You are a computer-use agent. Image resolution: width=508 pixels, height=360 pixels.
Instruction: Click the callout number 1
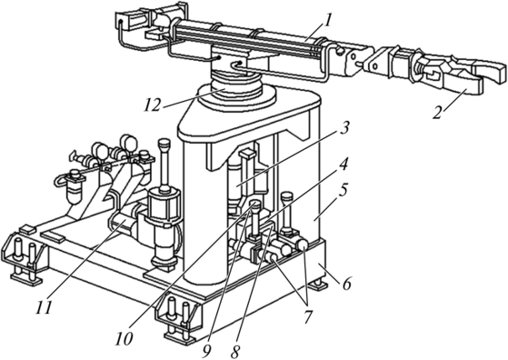[328, 21]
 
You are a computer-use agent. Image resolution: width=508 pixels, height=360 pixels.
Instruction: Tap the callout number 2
[438, 113]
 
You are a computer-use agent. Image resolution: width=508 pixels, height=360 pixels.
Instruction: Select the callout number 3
[344, 128]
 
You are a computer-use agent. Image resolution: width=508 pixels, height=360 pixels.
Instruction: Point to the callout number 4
[344, 164]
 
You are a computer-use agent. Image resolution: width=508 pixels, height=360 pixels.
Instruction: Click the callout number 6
[346, 285]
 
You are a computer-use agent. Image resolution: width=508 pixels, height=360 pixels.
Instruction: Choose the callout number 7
[307, 316]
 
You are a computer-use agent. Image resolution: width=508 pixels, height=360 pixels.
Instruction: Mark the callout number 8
[235, 352]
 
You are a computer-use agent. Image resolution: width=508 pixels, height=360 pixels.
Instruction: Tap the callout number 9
[206, 352]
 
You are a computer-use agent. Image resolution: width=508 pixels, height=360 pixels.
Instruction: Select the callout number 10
[123, 339]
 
